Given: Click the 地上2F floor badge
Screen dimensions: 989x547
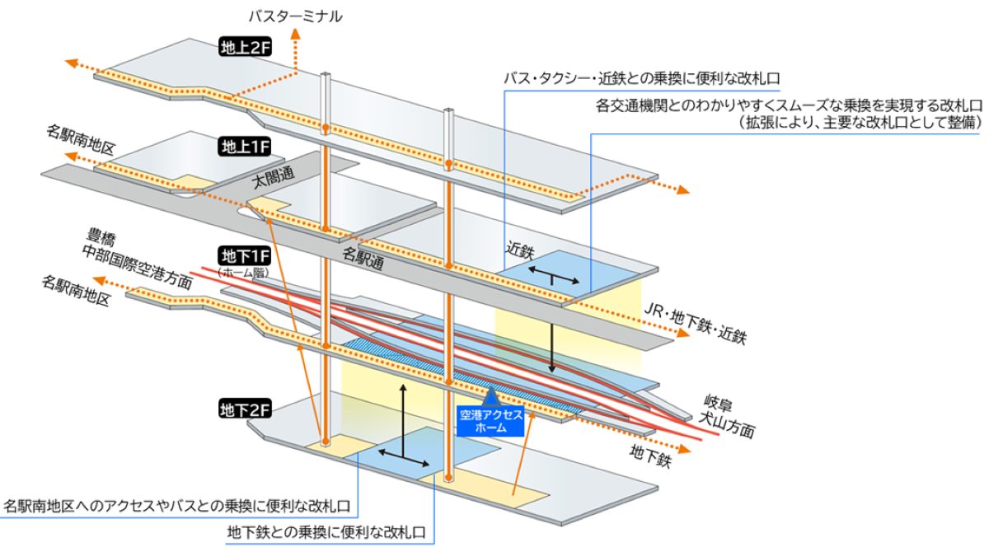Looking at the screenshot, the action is [x=245, y=47].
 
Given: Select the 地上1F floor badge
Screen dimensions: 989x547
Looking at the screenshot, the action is [x=245, y=147].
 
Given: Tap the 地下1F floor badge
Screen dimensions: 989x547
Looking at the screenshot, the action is [x=244, y=256].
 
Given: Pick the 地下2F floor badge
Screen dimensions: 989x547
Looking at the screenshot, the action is [x=245, y=409].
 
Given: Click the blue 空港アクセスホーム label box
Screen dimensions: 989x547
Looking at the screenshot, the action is [x=490, y=421].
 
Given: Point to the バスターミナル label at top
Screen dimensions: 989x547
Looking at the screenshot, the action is [x=295, y=16].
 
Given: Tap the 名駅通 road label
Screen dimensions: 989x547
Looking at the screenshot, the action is [x=363, y=259].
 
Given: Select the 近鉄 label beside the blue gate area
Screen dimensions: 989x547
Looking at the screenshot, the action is [x=520, y=250].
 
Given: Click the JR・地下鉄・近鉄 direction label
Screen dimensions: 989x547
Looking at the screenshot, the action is [x=695, y=323].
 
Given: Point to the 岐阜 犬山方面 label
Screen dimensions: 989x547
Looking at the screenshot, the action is [x=726, y=416].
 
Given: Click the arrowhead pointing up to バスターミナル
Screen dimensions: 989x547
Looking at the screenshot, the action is [x=295, y=34].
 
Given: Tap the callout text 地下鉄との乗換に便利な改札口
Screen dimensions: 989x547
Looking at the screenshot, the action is [x=326, y=532].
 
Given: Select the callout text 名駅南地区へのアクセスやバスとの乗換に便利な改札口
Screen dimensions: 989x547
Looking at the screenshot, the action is [x=177, y=506].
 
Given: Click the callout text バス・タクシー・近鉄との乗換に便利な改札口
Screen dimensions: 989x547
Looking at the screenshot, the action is [x=642, y=78].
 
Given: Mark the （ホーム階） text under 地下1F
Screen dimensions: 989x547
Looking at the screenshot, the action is [x=243, y=273].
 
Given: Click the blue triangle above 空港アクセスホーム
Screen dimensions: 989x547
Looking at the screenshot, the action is [x=491, y=397].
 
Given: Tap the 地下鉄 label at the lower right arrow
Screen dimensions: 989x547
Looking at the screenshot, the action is [x=650, y=456].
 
